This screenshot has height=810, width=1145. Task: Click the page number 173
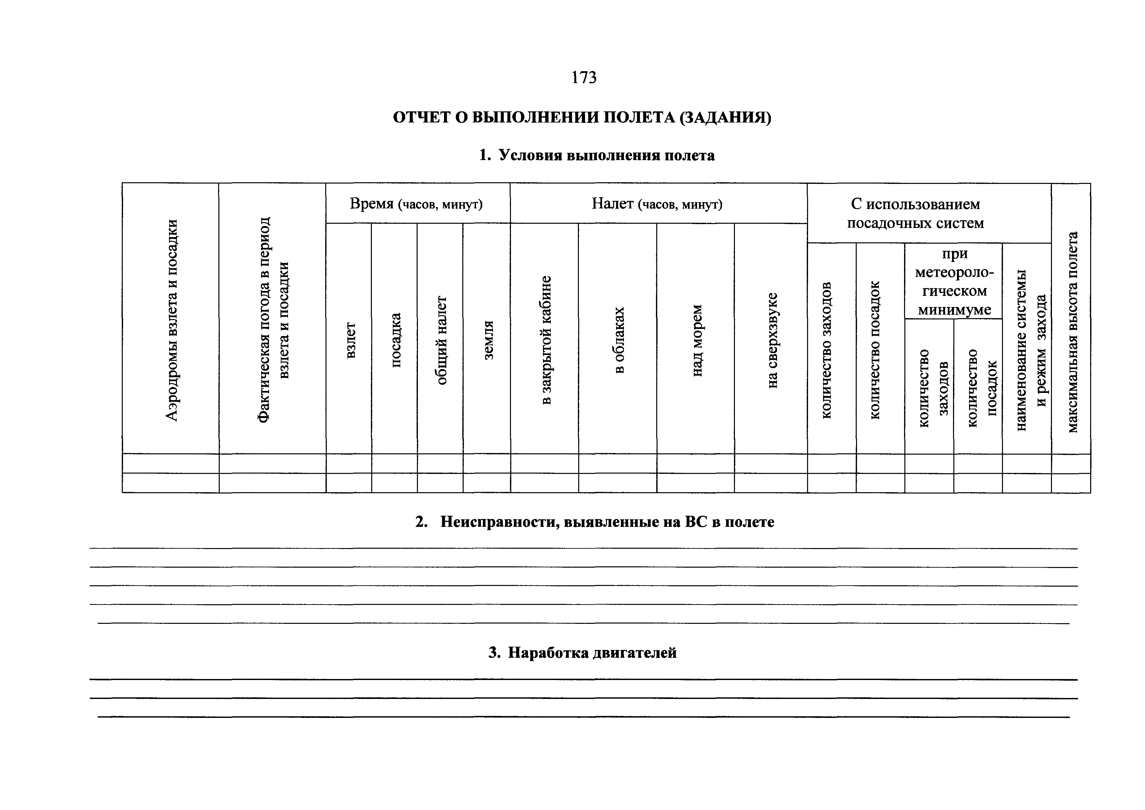[583, 77]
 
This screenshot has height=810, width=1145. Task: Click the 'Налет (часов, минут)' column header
[657, 204]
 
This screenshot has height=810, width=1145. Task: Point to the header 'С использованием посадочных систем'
[915, 214]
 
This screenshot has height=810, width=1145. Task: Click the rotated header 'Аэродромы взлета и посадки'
[171, 320]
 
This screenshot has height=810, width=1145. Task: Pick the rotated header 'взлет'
[351, 340]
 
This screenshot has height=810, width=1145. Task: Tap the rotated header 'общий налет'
[441, 340]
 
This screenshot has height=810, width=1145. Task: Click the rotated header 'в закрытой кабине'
[546, 340]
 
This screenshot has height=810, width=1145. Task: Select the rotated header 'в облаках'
[619, 340]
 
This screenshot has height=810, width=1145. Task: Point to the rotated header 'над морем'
[697, 340]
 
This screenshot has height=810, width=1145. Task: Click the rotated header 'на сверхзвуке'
[772, 340]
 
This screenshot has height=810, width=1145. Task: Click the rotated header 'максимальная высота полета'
[1072, 332]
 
